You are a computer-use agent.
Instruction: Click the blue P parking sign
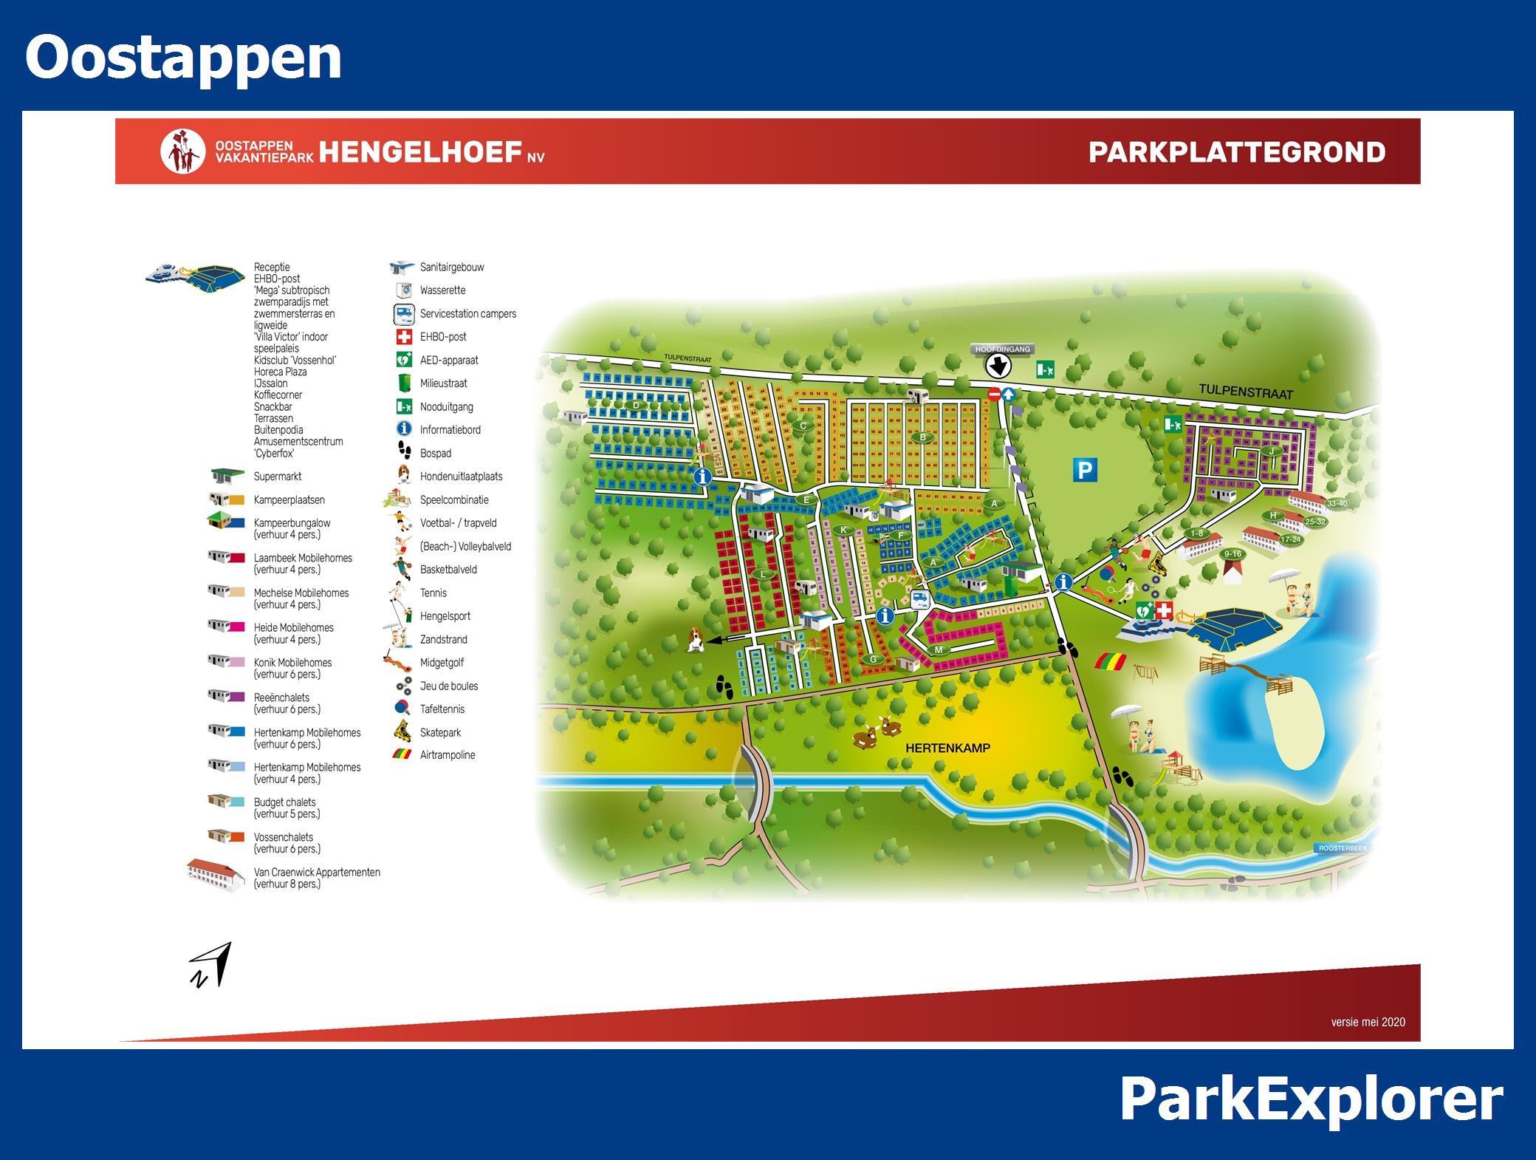[x=1085, y=470]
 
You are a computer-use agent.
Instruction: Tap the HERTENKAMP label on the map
[x=947, y=748]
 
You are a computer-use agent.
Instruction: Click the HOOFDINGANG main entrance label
[x=1002, y=349]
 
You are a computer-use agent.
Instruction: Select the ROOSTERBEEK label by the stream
[x=1343, y=848]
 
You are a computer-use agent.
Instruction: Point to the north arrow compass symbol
[x=210, y=965]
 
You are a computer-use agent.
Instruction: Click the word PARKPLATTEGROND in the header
[x=1236, y=152]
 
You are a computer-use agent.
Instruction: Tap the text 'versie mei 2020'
[x=1368, y=1022]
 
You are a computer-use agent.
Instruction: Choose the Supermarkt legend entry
[x=277, y=477]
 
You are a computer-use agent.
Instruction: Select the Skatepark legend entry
[x=440, y=732]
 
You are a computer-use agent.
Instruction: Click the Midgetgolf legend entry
[x=442, y=663]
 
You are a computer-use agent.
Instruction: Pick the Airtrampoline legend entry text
[x=448, y=755]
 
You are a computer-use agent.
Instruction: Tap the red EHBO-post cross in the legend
[x=404, y=337]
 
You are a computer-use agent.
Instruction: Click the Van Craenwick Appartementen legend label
[x=317, y=873]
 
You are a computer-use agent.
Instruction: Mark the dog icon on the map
[x=694, y=640]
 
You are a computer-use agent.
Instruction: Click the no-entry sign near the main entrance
[x=993, y=395]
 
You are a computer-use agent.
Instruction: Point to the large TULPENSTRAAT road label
[x=1245, y=392]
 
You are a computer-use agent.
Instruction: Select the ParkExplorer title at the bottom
[x=1311, y=1100]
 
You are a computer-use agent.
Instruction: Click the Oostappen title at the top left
[x=183, y=58]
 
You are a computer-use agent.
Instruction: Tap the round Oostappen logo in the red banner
[x=182, y=152]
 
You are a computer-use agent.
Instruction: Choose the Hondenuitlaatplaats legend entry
[x=461, y=477]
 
